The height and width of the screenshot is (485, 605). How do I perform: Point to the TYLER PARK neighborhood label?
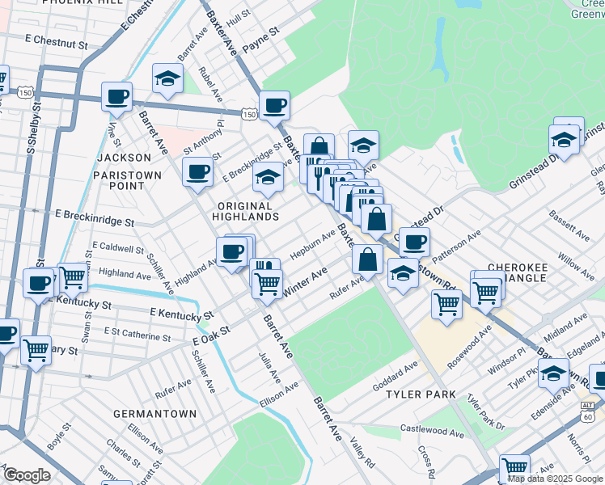[x=421, y=395]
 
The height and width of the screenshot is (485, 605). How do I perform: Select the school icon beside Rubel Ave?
[x=167, y=79]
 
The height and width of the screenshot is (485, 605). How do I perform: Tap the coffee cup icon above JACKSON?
[x=116, y=97]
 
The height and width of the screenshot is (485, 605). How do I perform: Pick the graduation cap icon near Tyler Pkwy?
[x=554, y=374]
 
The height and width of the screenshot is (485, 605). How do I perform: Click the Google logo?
[x=27, y=475]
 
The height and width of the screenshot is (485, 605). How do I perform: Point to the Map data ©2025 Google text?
[x=555, y=479]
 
